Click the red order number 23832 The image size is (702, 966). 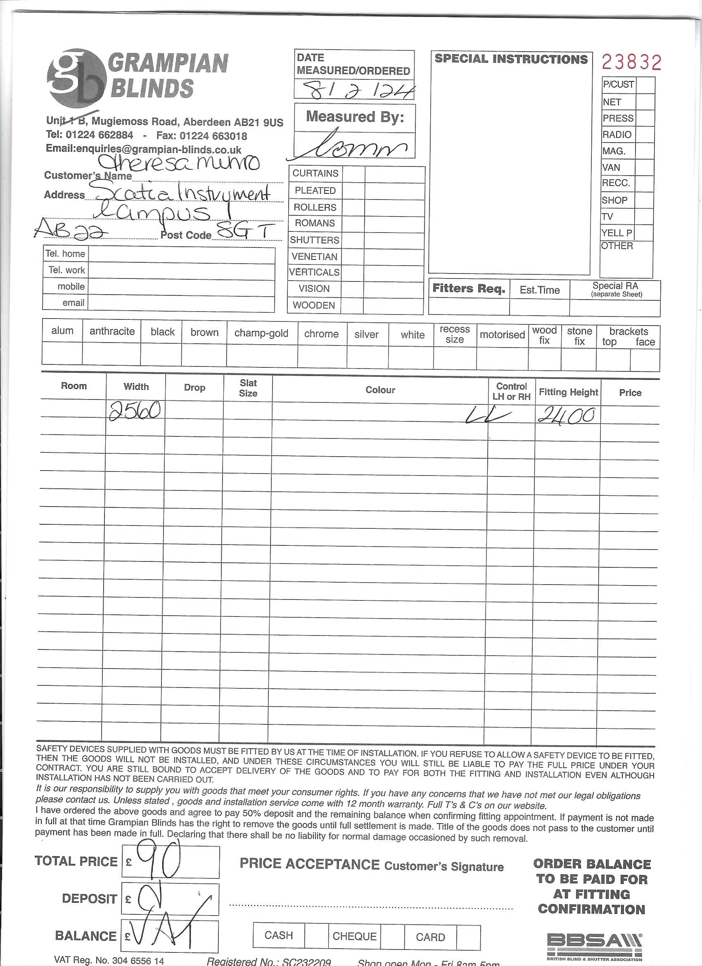click(631, 62)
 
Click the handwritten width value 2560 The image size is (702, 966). click(135, 411)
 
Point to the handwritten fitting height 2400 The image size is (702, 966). click(566, 415)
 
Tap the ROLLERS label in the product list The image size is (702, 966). click(315, 207)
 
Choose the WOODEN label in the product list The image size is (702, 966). click(314, 305)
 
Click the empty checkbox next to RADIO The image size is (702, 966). click(644, 135)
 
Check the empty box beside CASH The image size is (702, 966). click(316, 936)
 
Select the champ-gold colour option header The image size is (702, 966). click(261, 333)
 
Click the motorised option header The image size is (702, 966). click(502, 335)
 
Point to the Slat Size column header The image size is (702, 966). click(248, 388)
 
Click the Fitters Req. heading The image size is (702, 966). click(469, 289)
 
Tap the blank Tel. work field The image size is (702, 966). click(181, 271)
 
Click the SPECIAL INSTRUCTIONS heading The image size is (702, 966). click(510, 59)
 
